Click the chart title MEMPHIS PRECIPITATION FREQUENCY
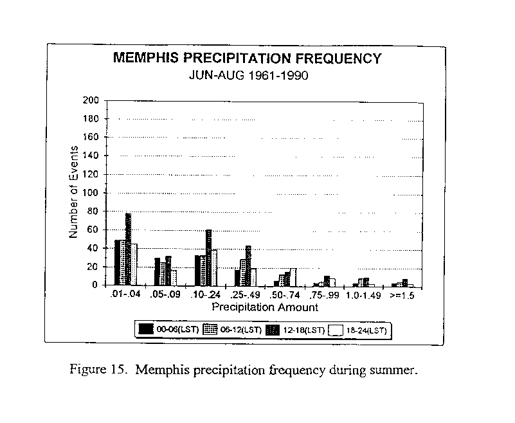(248, 58)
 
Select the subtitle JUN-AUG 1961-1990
(249, 76)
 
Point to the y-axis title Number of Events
(73, 192)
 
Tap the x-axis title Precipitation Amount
(265, 307)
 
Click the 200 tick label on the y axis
(91, 100)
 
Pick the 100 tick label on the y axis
(91, 193)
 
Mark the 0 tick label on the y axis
(95, 285)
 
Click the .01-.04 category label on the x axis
(125, 294)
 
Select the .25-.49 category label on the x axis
(245, 294)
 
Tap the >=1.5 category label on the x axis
(402, 295)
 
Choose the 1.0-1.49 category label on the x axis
(363, 295)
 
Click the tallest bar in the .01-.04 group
(128, 249)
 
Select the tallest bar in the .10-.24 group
(208, 258)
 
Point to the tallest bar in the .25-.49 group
(248, 265)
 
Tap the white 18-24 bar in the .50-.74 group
(293, 278)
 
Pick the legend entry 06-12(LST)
(232, 329)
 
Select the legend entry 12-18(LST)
(295, 330)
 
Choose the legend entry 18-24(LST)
(358, 330)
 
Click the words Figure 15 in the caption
(98, 370)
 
